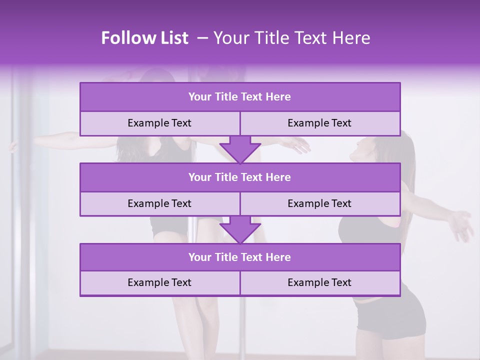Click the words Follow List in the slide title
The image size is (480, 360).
pos(145,38)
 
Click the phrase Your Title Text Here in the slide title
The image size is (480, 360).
pos(291,38)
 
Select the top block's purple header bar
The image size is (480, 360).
pos(240,97)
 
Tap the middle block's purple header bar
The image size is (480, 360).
pos(240,177)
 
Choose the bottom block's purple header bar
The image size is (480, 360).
pos(240,257)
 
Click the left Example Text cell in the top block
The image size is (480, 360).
pos(159,123)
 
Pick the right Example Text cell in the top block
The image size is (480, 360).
pos(320,123)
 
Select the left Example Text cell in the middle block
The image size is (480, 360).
pos(159,204)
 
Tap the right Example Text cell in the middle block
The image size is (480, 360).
pos(320,204)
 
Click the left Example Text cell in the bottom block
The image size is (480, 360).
pos(159,283)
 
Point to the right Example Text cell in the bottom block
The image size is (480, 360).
pos(320,283)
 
